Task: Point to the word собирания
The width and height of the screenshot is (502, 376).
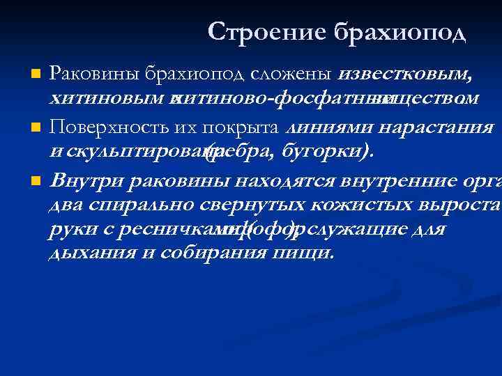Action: (207, 252)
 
